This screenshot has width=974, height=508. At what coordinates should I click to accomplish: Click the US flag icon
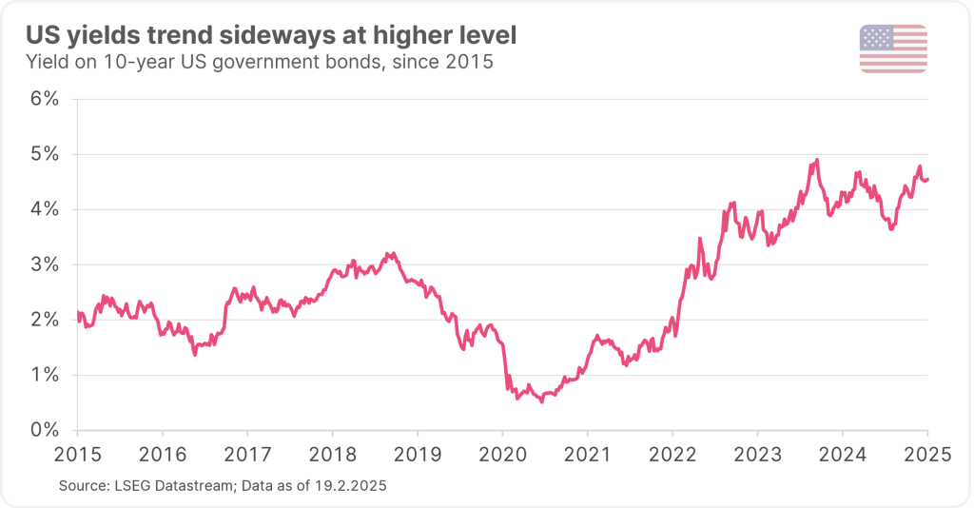(x=893, y=49)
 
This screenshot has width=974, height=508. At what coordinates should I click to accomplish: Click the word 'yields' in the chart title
(x=104, y=37)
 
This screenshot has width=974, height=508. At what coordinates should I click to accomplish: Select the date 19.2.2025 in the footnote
(x=353, y=486)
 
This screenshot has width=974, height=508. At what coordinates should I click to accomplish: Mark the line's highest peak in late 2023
(x=817, y=159)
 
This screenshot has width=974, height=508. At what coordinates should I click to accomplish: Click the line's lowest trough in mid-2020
(x=542, y=402)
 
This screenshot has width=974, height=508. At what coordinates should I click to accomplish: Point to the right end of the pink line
(x=928, y=179)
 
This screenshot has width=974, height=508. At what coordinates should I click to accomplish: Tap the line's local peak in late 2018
(x=387, y=253)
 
